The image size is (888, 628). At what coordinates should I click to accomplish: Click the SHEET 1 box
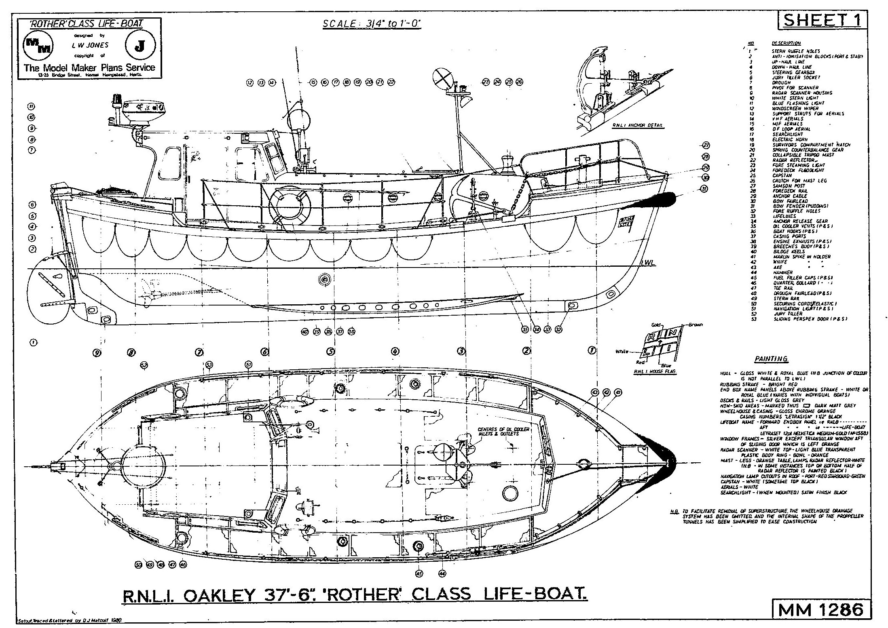[x=823, y=20]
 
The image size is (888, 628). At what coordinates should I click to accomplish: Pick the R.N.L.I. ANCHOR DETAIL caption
[x=638, y=125]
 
